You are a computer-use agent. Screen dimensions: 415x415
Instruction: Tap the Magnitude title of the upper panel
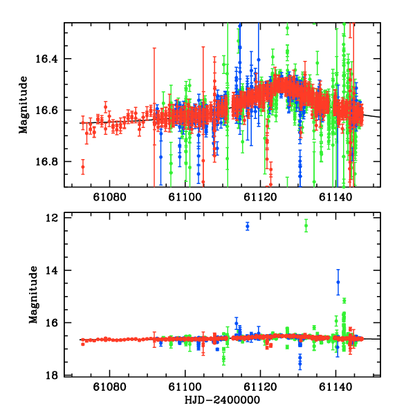click(24, 104)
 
